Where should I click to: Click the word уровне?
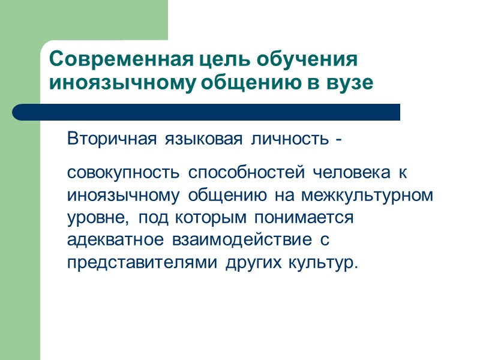tap(96, 218)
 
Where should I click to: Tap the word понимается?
tap(309, 218)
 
